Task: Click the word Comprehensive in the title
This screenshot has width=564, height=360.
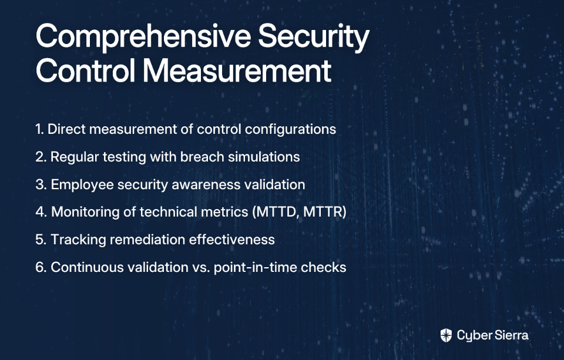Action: pos(143,37)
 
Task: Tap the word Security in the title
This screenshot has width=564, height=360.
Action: pos(314,37)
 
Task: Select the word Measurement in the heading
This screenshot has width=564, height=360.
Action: pos(237,70)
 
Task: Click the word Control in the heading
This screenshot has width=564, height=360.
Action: pos(86,70)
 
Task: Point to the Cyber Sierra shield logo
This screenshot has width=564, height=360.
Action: pos(446,335)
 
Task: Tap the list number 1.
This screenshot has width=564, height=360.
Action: pos(39,129)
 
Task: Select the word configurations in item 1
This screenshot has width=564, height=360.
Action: pos(290,129)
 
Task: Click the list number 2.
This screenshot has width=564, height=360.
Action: pos(41,157)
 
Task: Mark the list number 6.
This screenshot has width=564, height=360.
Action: pos(41,267)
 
